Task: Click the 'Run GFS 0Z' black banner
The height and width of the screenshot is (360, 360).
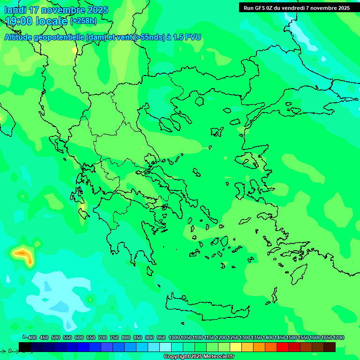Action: coord(296,8)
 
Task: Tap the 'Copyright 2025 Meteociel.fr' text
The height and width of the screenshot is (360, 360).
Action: coord(199,357)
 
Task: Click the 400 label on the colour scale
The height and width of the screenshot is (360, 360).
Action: coord(32,337)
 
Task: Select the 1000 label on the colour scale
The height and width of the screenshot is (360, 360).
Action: coord(174,337)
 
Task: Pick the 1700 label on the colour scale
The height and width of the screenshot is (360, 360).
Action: coord(338,337)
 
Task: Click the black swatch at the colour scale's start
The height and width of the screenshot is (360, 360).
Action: coord(25,347)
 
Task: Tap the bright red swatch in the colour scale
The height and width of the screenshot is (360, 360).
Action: coord(283,347)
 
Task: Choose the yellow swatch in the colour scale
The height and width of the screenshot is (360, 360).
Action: coord(236,347)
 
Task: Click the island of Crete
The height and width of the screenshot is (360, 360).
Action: coord(206,307)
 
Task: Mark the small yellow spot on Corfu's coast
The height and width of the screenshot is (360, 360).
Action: coord(83,206)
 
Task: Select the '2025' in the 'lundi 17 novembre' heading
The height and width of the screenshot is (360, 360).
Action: coord(96,10)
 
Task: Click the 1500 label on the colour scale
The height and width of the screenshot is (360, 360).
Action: coord(292,337)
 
